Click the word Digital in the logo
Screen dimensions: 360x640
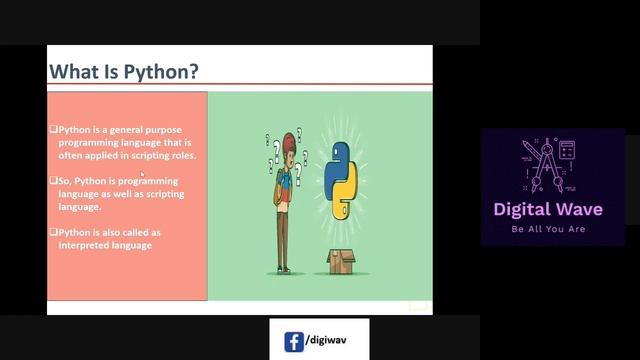(531, 210)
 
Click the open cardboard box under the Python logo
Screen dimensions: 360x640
(342, 262)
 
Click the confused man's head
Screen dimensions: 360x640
(289, 144)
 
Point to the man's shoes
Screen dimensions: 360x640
(285, 268)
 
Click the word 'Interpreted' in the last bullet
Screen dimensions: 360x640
(86, 245)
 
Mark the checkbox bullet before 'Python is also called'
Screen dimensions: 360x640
(54, 232)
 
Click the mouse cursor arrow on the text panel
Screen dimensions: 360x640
(142, 175)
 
